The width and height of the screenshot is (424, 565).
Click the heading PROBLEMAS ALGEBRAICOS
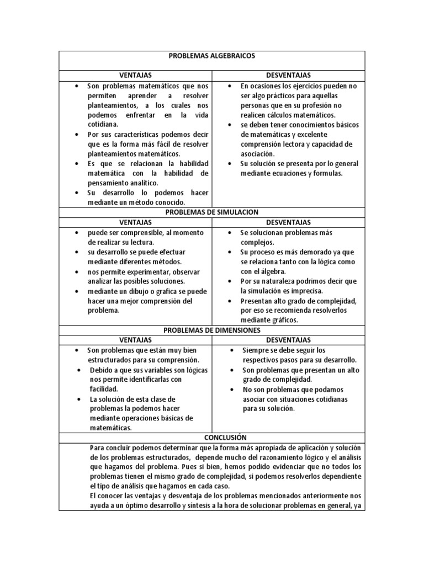pyautogui.click(x=211, y=56)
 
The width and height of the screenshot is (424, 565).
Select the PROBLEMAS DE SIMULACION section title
pyautogui.click(x=211, y=212)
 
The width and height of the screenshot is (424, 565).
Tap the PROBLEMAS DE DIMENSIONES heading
pyautogui.click(x=211, y=330)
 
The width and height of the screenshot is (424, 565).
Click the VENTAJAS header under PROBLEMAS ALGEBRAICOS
pyautogui.click(x=135, y=75)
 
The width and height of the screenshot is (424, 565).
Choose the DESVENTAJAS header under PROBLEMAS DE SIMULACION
pyautogui.click(x=288, y=222)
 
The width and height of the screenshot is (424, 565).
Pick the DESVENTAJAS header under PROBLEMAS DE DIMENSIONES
pyautogui.click(x=288, y=340)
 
